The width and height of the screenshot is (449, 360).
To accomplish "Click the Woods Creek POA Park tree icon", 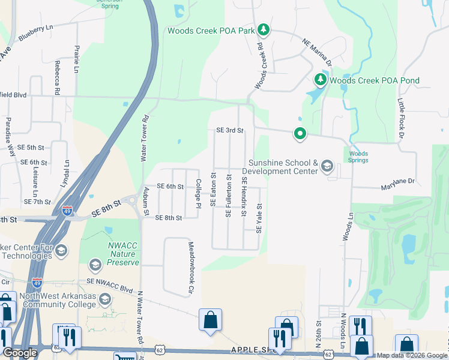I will click(x=263, y=29).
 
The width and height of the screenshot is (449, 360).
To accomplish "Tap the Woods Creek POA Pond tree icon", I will click(x=321, y=80).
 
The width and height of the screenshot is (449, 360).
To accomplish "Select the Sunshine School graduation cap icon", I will click(x=327, y=166).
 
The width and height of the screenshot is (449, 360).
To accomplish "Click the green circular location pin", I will click(x=300, y=134).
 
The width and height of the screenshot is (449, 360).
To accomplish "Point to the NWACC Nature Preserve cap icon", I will click(x=95, y=265).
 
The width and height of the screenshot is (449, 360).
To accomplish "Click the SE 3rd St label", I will click(x=229, y=130).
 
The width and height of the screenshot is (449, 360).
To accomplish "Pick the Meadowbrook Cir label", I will click(x=191, y=268).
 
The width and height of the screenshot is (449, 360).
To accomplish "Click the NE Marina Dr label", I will click(x=318, y=52).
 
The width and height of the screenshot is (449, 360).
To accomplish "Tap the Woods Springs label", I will click(x=358, y=157).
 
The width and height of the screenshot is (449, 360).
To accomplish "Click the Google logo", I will click(x=20, y=353).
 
